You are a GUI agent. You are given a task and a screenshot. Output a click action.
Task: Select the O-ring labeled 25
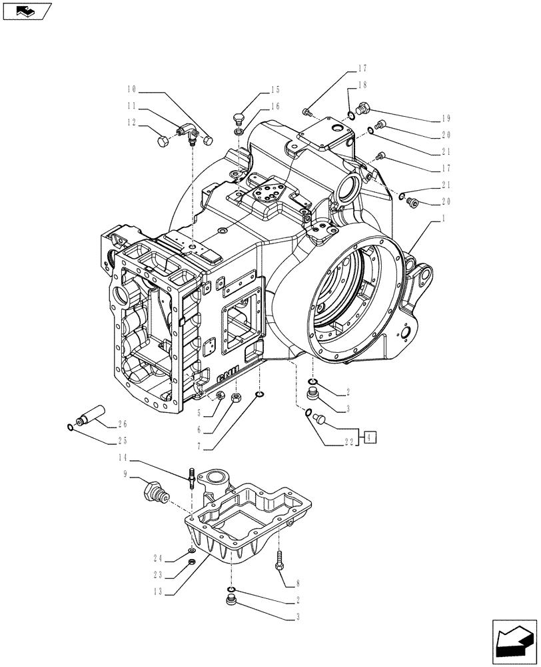(70, 427)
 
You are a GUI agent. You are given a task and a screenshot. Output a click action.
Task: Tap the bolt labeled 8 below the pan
(278, 559)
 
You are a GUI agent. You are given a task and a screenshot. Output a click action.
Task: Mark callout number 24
(159, 558)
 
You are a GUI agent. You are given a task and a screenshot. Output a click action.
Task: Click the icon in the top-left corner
(26, 11)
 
